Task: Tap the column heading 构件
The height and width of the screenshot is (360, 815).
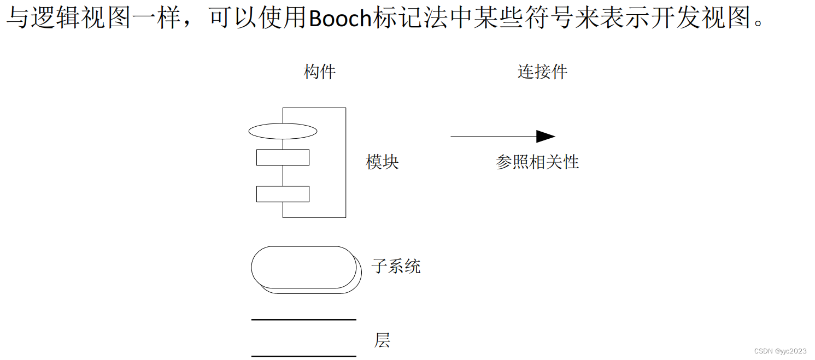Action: point(320,72)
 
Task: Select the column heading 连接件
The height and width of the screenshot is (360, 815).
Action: point(542,72)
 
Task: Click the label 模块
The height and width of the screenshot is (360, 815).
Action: point(382,162)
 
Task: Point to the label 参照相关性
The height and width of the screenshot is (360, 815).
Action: point(537,162)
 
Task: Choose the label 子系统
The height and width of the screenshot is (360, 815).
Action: point(396,267)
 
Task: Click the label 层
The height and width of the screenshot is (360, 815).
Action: point(382,340)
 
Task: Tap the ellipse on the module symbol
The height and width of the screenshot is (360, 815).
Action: point(283,131)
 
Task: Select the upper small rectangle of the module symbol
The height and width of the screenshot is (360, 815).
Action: point(283,157)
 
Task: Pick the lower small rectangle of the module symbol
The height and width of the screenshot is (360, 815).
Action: point(283,194)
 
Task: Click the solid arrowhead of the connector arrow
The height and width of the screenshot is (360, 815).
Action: point(545,137)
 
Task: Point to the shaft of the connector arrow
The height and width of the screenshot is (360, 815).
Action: point(492,137)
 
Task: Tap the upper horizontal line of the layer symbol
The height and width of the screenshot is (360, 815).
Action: point(303,320)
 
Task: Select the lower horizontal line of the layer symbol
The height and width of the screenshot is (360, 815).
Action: point(303,356)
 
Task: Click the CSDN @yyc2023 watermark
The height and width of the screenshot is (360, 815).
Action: point(779,350)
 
